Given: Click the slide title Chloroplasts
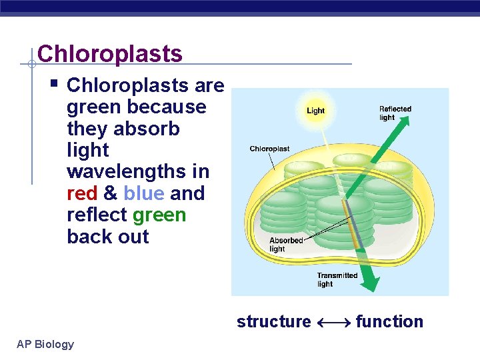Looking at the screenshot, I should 110,53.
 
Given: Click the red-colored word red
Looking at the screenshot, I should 82,193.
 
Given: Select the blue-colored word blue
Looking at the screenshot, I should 144,193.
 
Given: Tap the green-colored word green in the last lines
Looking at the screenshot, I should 159,215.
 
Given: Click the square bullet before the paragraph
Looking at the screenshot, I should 55,85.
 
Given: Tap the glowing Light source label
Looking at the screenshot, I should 315,110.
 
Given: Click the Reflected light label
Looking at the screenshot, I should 395,113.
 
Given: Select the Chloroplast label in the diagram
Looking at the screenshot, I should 269,149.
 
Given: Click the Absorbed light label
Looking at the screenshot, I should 286,245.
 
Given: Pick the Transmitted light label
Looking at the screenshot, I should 337,279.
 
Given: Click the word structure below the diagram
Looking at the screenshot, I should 273,322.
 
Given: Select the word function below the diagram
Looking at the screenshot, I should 389,322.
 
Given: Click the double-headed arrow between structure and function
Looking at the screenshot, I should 333,323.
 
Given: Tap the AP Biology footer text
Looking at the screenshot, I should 46,344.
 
